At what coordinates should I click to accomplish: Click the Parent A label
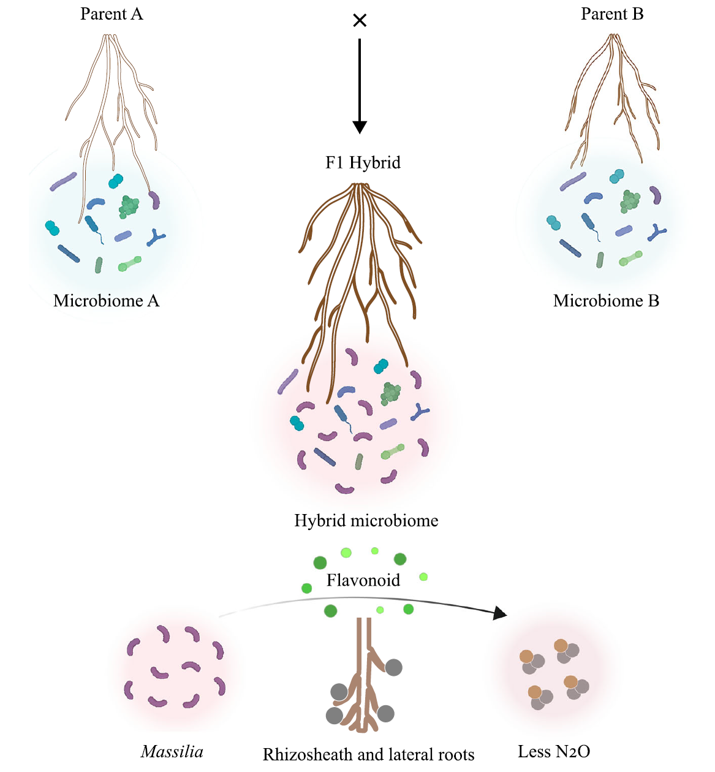coord(112,14)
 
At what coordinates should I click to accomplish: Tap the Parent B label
coord(612,14)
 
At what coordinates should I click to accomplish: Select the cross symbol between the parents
coord(360,21)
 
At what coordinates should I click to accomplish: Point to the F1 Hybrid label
coord(363,162)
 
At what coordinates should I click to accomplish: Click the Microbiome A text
coord(106,301)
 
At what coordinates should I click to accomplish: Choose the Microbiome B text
coord(606,301)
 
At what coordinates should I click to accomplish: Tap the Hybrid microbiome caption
coord(366,521)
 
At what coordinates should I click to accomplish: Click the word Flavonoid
coord(363,580)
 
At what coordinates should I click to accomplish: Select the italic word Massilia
coord(172,752)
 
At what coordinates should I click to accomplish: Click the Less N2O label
coord(554,752)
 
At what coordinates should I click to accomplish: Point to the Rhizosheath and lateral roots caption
coord(368,754)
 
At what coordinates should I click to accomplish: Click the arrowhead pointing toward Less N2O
coord(500,613)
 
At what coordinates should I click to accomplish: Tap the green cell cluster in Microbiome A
coord(129,206)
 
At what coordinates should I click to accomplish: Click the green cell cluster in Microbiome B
coord(630,201)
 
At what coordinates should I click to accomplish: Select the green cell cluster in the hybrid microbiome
coord(390,394)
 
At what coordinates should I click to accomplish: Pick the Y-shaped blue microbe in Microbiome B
coord(657,232)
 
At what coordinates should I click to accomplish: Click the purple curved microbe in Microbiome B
coord(656,195)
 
